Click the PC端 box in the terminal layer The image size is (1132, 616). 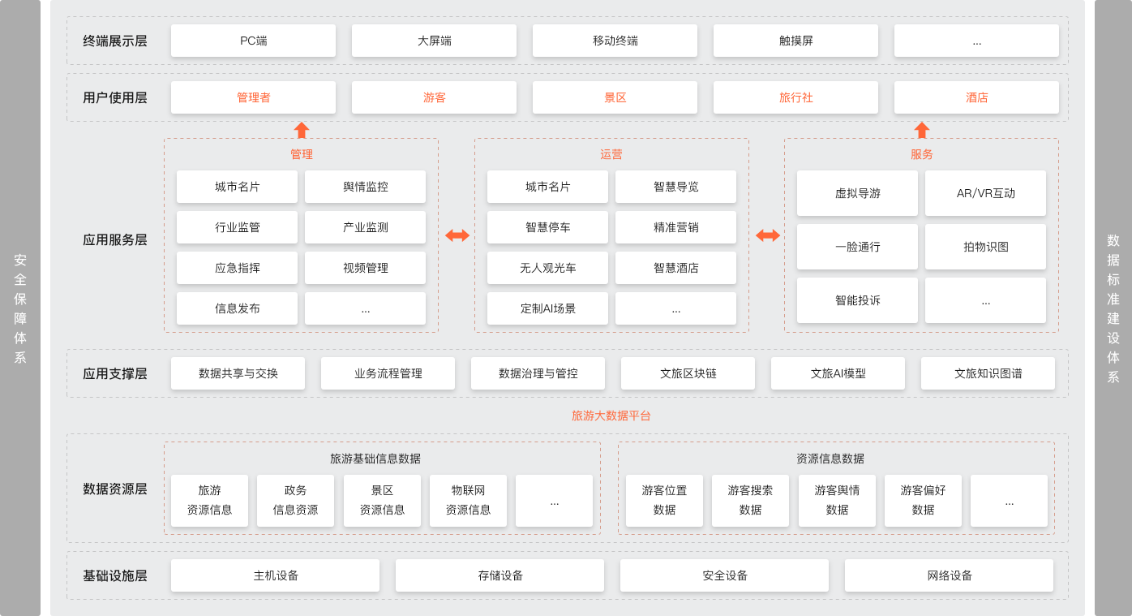(x=253, y=41)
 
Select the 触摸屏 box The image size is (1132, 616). (x=795, y=41)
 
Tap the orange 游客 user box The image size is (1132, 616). (x=434, y=97)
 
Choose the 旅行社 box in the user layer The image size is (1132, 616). (x=795, y=97)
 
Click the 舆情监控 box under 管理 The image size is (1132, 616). (x=365, y=187)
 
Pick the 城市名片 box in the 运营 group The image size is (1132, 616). (x=547, y=187)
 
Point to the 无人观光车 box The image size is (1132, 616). (x=547, y=268)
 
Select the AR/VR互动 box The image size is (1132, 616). (x=985, y=193)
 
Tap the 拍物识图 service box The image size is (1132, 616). (x=985, y=247)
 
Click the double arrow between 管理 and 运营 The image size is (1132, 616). (x=457, y=235)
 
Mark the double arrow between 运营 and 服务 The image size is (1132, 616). (x=767, y=235)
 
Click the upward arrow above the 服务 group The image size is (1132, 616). (x=921, y=130)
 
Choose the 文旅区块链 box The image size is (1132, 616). (x=688, y=373)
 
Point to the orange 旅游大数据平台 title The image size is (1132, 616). (x=611, y=416)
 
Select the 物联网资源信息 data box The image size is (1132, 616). (x=468, y=500)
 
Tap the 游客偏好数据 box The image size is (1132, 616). (x=923, y=500)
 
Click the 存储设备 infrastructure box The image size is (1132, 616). (x=500, y=575)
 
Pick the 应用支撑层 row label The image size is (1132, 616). (x=115, y=373)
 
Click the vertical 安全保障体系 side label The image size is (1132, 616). (x=20, y=308)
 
